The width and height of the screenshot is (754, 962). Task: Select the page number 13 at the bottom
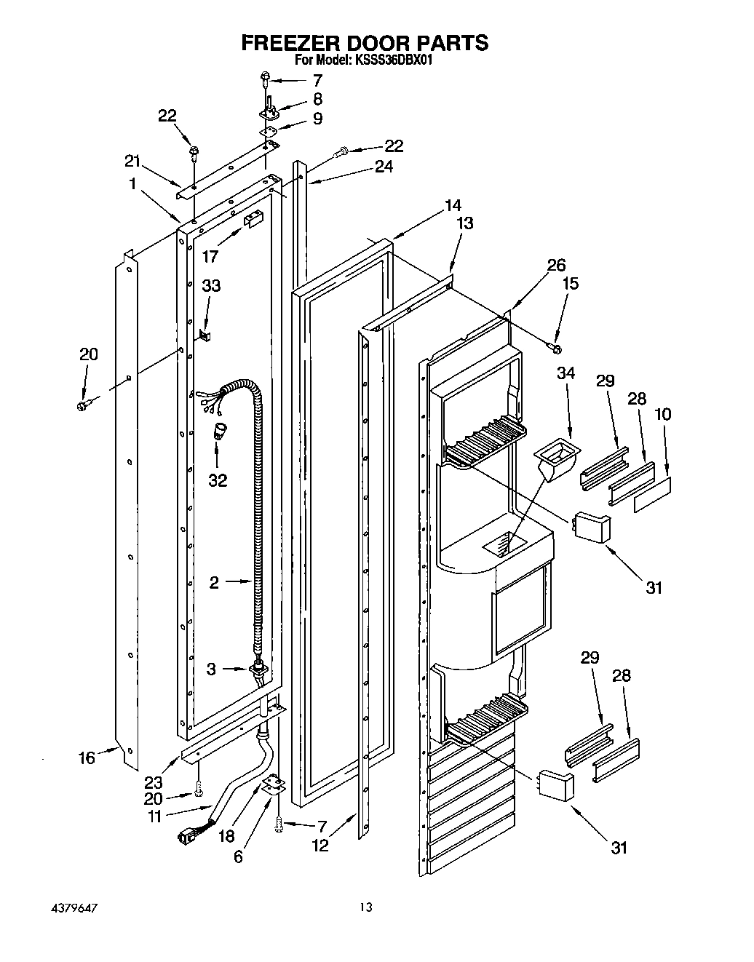[x=365, y=907]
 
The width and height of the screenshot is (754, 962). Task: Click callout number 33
[x=211, y=286]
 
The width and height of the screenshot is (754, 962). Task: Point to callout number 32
[x=218, y=480]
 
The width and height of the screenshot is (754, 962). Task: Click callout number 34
[x=565, y=373]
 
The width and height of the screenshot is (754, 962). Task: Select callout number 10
[x=663, y=414]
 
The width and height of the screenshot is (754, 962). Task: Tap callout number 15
[x=571, y=282]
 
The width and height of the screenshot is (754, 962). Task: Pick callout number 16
[x=87, y=758]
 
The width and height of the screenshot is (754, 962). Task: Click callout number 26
[x=556, y=265]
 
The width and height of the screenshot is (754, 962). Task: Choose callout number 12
[x=320, y=845]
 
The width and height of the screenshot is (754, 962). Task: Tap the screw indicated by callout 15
[x=557, y=349]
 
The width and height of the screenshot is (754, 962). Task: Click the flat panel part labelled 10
[x=652, y=494]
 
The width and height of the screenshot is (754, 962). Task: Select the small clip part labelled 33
[x=204, y=334]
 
